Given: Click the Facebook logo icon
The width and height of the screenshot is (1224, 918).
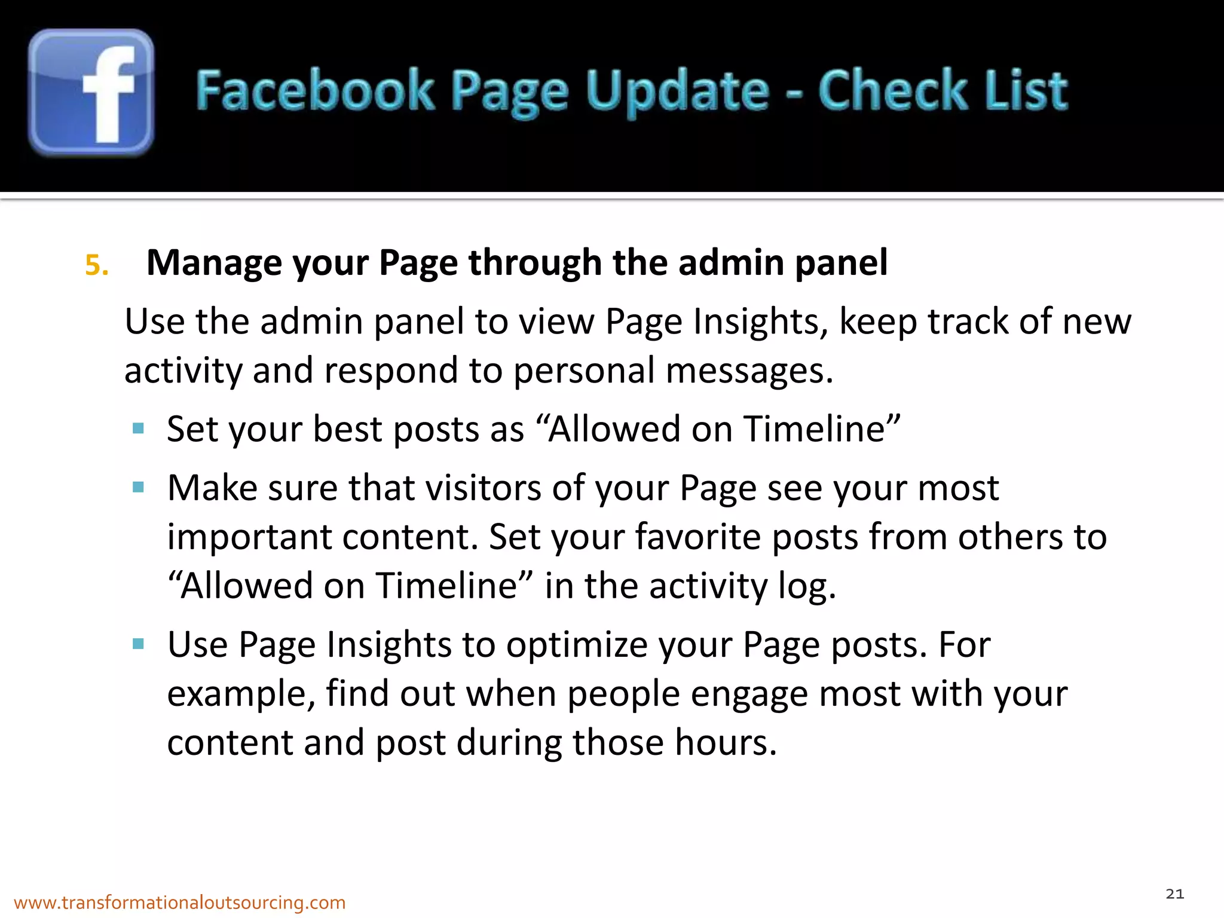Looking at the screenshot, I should click(x=91, y=93).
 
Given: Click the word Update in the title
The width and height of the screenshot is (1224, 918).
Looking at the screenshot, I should click(x=677, y=91).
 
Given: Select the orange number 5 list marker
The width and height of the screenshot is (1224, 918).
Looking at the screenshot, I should click(x=96, y=265).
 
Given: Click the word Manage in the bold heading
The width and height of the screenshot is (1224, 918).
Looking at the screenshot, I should click(x=214, y=263).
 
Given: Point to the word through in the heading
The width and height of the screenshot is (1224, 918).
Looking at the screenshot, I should click(x=534, y=263).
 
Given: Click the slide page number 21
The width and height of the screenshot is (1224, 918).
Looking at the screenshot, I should click(x=1174, y=894).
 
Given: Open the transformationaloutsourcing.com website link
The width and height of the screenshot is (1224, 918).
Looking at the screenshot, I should click(x=179, y=902).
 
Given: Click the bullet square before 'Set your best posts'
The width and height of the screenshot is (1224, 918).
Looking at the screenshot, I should click(x=139, y=428).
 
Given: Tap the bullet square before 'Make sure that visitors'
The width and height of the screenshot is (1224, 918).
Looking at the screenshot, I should click(x=139, y=487).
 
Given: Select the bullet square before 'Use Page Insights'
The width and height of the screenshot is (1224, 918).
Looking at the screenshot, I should click(x=139, y=644).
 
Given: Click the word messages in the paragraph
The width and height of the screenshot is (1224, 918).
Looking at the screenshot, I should click(x=749, y=371).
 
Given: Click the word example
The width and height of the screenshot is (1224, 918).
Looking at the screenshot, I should click(x=240, y=694).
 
